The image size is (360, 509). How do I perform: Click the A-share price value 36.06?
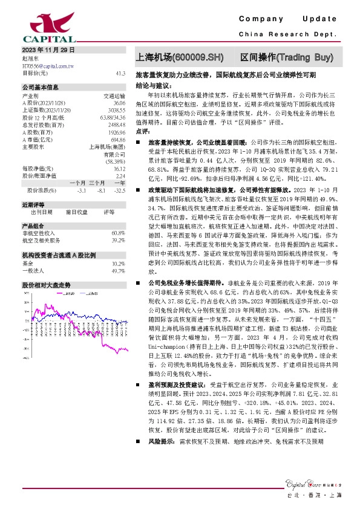coord(119,103)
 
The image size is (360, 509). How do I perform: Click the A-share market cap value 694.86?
coord(118,140)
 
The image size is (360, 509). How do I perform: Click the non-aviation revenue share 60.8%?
coord(119,233)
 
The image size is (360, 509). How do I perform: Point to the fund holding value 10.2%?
coord(119,264)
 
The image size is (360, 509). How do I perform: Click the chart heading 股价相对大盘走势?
coord(47,284)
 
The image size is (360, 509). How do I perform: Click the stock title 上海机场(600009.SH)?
coord(182,58)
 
